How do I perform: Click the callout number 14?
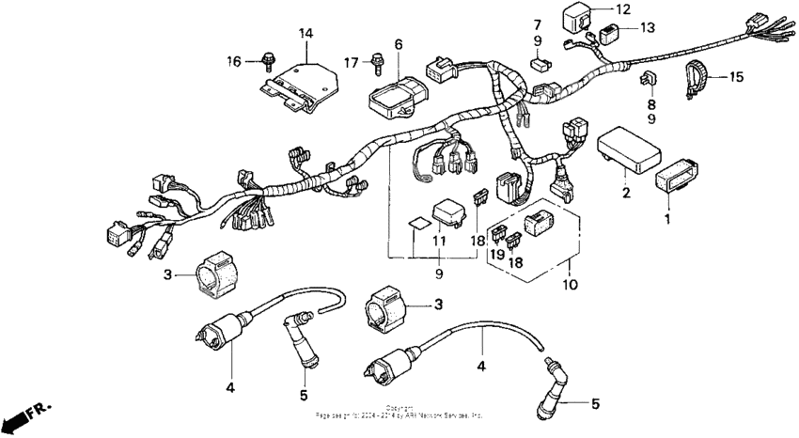(x=305, y=34)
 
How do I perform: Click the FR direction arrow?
(x=24, y=415)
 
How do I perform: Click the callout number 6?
(x=398, y=44)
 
